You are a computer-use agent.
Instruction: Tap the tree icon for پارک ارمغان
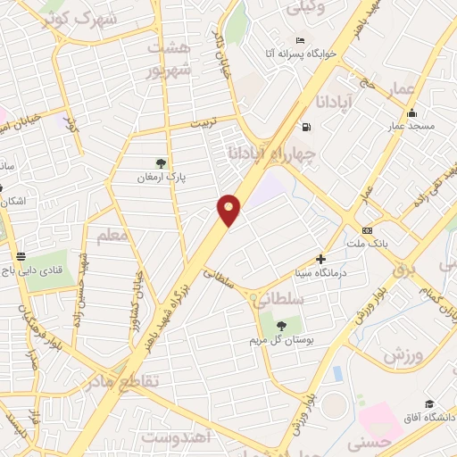[x=161, y=162]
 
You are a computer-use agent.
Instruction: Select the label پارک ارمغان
[x=161, y=177]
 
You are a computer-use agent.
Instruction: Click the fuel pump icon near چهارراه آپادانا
[x=307, y=127]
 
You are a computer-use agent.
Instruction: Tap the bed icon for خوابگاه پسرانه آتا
[x=300, y=41]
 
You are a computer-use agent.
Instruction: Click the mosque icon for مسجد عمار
[x=411, y=113]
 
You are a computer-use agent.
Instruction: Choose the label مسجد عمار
[x=411, y=127]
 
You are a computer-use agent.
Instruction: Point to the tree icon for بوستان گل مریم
[x=282, y=326]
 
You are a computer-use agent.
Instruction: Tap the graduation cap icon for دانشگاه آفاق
[x=429, y=404]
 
